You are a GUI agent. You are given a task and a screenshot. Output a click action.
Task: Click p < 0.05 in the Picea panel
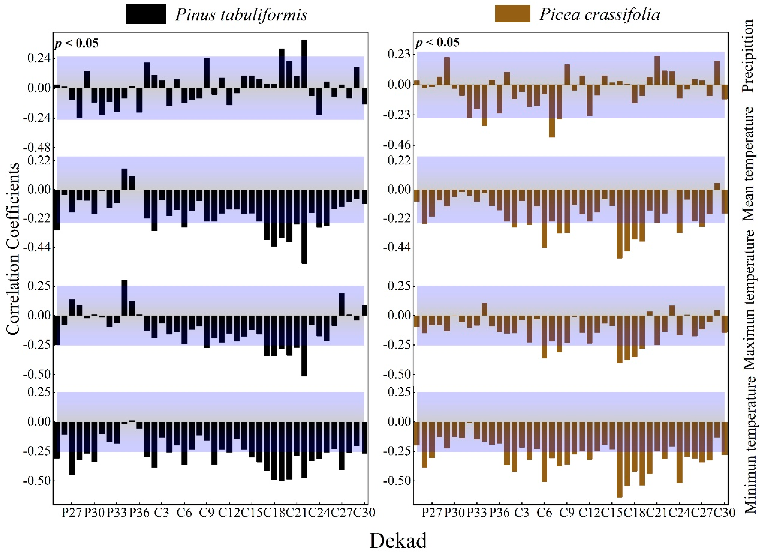[437, 43]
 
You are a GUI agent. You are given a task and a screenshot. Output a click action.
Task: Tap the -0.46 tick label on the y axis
[397, 145]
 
